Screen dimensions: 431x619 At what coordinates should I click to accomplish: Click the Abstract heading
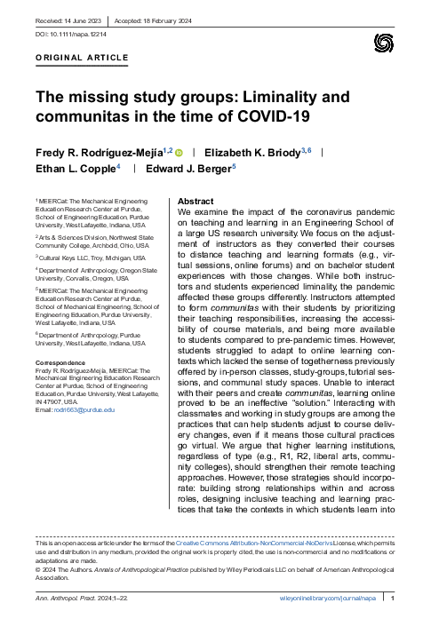tap(196, 202)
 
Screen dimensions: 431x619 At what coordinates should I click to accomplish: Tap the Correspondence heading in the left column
tap(61, 363)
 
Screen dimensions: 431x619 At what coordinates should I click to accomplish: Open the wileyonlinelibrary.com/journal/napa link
tap(327, 599)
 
